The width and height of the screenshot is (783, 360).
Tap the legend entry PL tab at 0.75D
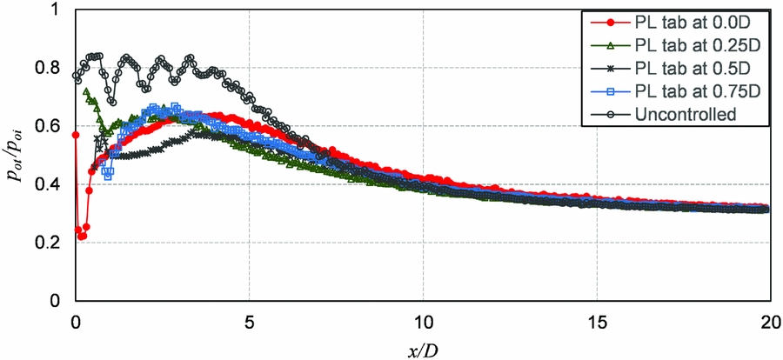686,90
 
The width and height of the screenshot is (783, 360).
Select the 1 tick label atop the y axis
57,10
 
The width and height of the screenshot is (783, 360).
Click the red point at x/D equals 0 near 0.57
76,135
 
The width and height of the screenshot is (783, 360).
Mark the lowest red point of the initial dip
82,236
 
